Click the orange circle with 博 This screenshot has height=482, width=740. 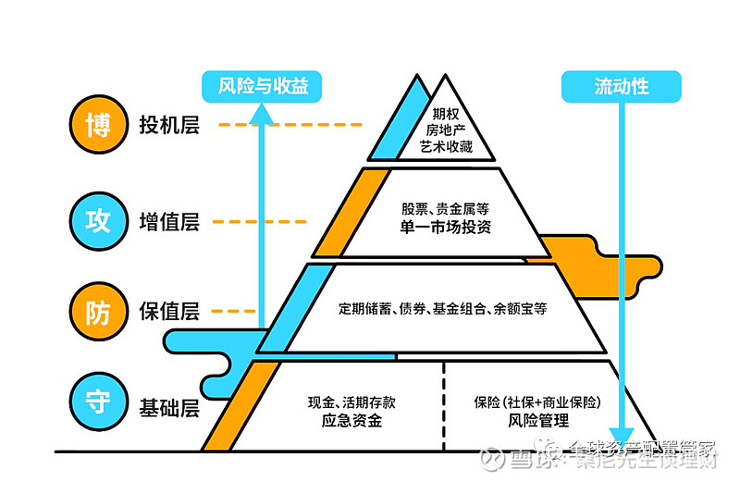tap(98, 126)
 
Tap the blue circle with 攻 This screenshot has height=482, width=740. tap(98, 222)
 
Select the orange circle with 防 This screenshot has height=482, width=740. tap(98, 311)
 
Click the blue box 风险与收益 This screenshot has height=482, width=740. tap(263, 87)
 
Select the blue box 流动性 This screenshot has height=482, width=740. tap(621, 87)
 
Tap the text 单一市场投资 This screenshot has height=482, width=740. tap(446, 228)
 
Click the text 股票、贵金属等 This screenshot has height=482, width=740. tap(446, 208)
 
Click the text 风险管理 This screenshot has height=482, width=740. tap(538, 422)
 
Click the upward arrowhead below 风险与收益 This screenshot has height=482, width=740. tap(263, 112)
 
